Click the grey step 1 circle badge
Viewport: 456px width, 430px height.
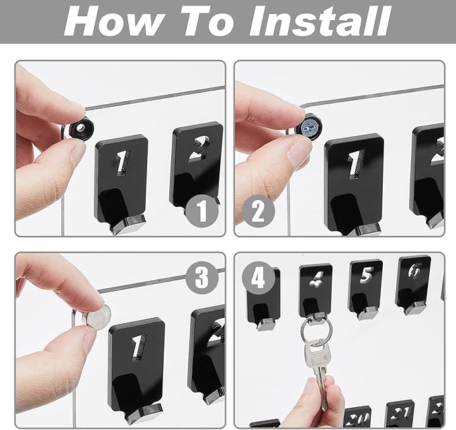(201, 212)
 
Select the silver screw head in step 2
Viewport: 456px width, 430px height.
(310, 126)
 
